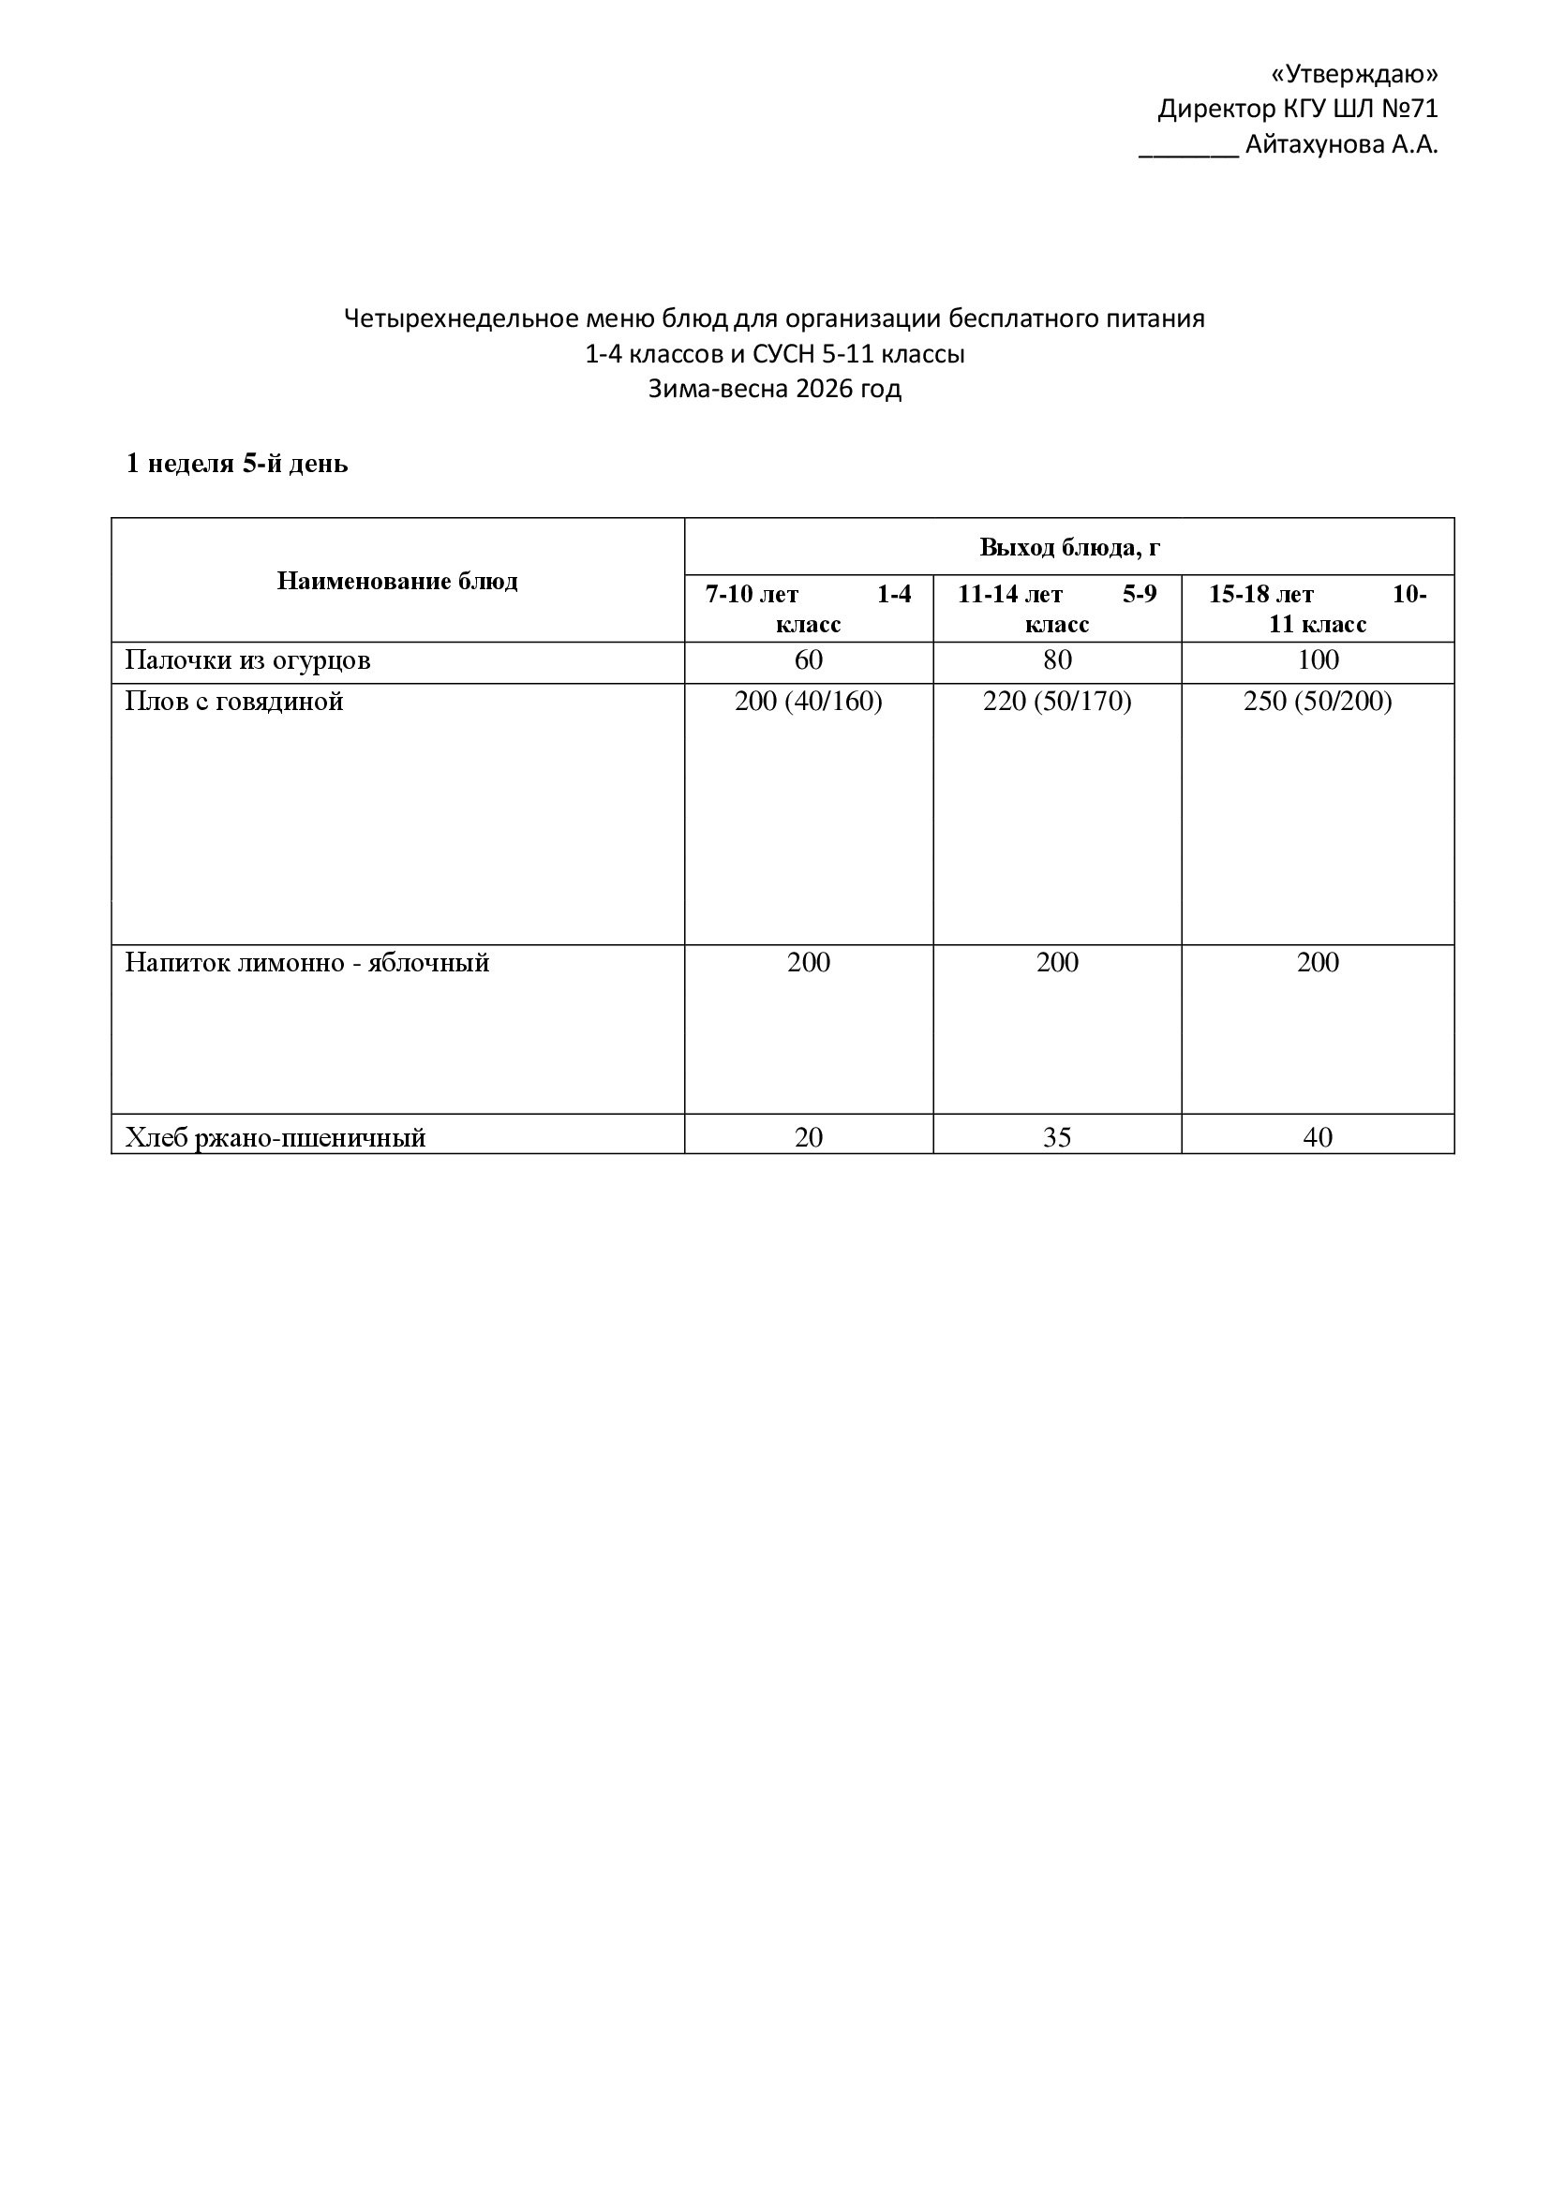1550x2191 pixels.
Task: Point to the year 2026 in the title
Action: (x=823, y=390)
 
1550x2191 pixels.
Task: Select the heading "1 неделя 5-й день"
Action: (x=237, y=464)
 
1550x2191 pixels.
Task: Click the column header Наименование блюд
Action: (x=397, y=581)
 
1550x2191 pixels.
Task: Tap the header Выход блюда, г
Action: (x=1069, y=548)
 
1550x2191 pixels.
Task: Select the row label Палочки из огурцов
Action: (x=247, y=660)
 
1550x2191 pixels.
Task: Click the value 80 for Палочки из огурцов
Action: (x=1056, y=660)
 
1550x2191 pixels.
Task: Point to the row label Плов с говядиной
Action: (x=234, y=703)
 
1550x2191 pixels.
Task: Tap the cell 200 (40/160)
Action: (x=808, y=703)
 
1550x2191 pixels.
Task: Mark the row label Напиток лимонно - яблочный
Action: (x=306, y=963)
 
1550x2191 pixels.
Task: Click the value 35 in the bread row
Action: (x=1056, y=1137)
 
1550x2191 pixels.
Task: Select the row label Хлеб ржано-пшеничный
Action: (x=275, y=1137)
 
